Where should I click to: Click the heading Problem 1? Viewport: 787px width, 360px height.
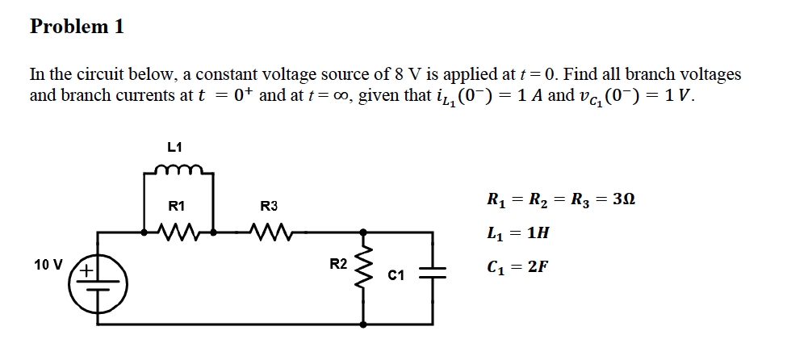77,26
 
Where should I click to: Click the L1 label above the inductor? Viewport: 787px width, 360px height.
174,147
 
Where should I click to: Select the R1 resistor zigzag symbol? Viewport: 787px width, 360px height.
177,235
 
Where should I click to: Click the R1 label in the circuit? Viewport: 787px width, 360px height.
176,207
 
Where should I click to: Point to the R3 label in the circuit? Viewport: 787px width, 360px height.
269,207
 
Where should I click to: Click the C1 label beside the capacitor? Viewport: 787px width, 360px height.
396,277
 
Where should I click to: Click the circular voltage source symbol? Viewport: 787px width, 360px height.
99,280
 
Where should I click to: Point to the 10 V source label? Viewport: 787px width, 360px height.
48,264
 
